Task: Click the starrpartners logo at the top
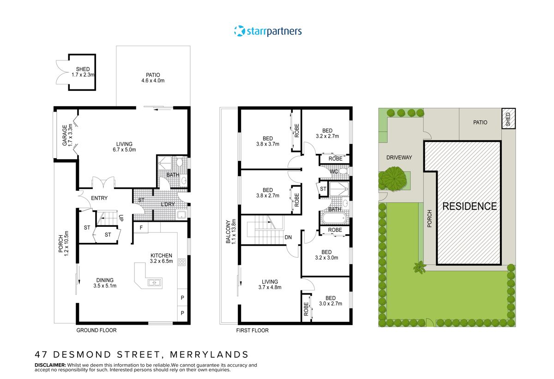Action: [268, 31]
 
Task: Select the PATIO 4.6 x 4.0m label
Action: [153, 77]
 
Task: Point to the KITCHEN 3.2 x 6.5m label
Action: [161, 258]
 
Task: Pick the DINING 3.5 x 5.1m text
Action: [105, 283]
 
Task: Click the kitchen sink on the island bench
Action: [154, 283]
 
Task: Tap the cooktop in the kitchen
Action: [182, 263]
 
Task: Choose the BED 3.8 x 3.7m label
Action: [268, 141]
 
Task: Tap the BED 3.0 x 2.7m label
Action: [330, 301]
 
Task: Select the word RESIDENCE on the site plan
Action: [470, 206]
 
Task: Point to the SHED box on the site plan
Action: [508, 118]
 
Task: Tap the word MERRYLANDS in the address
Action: [209, 355]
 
